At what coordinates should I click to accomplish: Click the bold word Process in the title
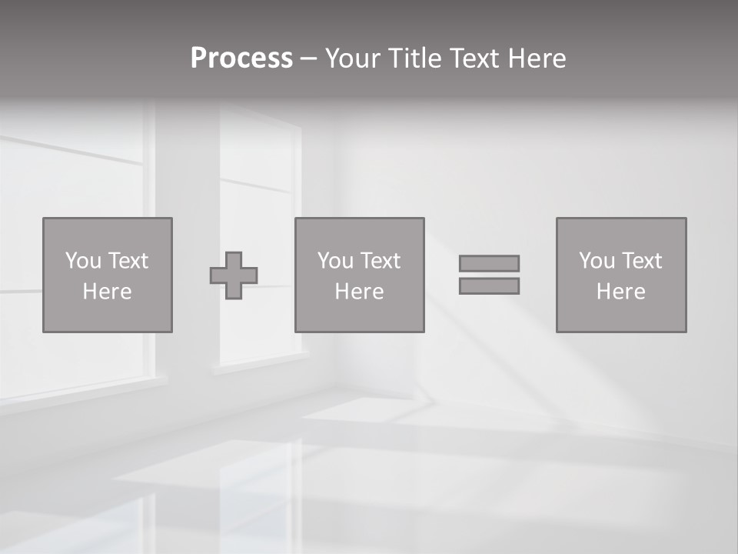pos(241,58)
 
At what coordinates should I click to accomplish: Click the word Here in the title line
pos(537,58)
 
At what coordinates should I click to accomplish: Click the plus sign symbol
pos(234,275)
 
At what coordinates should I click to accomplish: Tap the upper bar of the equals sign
pos(489,263)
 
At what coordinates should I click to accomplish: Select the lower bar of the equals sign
pos(489,286)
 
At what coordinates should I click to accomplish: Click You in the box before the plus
pos(82,261)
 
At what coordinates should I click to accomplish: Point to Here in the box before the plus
pos(108,292)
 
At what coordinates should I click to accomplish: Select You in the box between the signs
pos(334,261)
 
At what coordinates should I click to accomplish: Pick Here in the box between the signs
pos(360,292)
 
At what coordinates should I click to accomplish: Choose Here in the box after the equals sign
pos(621,292)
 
